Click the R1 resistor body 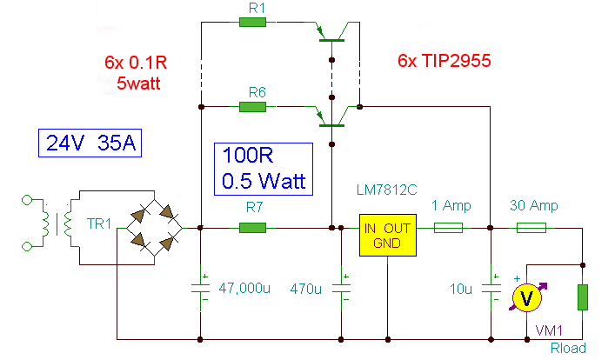pos(252,23)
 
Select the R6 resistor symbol pos(252,107)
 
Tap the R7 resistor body pos(252,228)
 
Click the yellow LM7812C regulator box pos(388,236)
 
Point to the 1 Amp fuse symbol pos(448,228)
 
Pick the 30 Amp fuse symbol pos(531,228)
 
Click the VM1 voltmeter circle pos(527,298)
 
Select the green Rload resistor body pos(583,297)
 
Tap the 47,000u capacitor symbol pos(200,289)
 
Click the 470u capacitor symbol pos(341,289)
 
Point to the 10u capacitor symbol pos(491,289)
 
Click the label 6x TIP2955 pos(445,61)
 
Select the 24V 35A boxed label pos(90,143)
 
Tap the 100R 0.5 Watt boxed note pos(264,169)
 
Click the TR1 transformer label pos(99,224)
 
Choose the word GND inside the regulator pos(387,243)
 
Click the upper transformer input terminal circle pos(27,200)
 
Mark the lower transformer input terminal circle pos(27,247)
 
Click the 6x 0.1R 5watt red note pos(136,73)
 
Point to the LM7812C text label pos(387,190)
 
